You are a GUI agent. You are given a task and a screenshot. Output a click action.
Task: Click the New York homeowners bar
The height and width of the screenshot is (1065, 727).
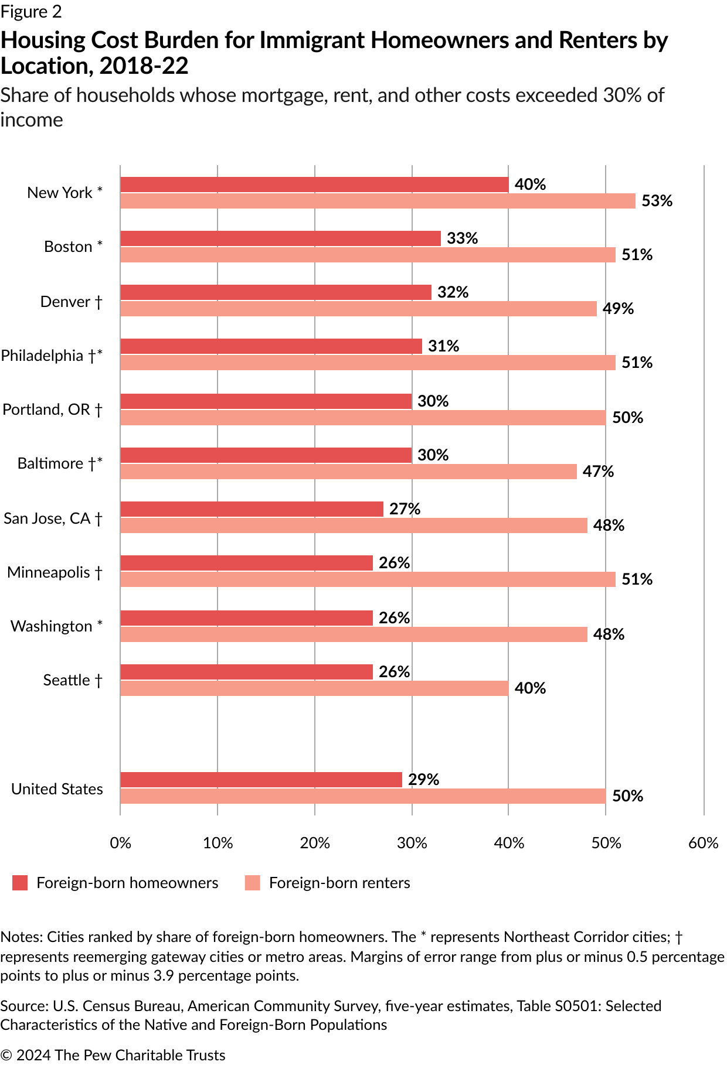[x=314, y=185]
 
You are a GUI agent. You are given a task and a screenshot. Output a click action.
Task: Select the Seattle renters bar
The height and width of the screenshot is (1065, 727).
[x=314, y=688]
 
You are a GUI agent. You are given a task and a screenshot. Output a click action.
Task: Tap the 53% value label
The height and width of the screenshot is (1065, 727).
[x=657, y=201]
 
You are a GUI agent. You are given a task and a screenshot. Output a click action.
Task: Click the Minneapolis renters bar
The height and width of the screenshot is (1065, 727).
[x=368, y=579]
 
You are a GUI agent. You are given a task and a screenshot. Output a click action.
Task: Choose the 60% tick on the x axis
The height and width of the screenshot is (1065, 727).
[x=704, y=842]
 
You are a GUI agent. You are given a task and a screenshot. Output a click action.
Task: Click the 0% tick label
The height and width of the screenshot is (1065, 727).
[x=121, y=842]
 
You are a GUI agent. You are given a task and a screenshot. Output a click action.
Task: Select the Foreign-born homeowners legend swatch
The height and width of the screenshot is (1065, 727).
[x=20, y=883]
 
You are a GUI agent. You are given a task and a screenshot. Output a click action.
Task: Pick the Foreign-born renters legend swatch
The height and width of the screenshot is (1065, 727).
[x=253, y=883]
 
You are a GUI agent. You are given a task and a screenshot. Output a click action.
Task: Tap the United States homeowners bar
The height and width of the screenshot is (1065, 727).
[x=261, y=780]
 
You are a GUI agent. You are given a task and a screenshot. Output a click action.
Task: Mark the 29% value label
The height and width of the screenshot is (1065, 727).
[x=423, y=780]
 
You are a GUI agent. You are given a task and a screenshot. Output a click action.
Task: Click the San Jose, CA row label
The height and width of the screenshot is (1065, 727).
[x=53, y=518]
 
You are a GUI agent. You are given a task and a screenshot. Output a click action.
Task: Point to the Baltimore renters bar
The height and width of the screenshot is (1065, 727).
[x=348, y=472]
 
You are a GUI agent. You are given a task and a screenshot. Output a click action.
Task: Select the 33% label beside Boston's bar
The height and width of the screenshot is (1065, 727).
[x=462, y=238]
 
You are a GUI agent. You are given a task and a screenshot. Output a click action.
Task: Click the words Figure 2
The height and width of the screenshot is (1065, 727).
[x=30, y=12]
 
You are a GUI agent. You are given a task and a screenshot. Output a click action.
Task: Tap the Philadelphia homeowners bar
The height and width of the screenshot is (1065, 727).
[x=271, y=346]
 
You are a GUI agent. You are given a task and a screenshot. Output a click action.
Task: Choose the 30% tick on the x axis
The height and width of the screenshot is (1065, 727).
[x=412, y=842]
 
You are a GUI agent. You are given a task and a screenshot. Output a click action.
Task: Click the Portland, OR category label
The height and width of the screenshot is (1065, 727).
[x=52, y=409]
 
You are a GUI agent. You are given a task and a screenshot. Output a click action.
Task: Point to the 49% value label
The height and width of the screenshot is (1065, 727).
[x=618, y=309]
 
